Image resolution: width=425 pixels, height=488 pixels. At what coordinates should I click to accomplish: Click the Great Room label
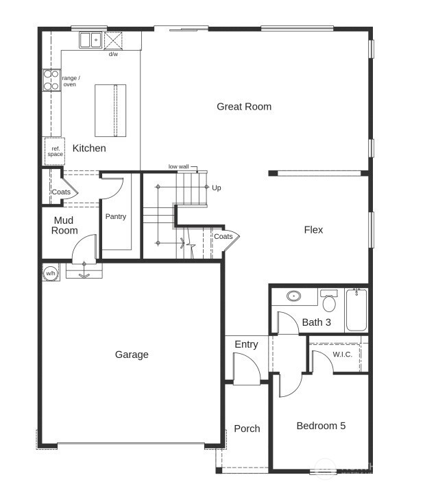[244, 106]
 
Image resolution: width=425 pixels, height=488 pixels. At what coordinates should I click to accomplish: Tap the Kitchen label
[89, 148]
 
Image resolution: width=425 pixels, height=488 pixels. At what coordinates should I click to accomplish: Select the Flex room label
[313, 230]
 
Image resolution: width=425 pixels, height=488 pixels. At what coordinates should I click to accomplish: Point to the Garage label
[132, 355]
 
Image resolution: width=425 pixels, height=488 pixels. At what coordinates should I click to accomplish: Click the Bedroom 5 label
[321, 426]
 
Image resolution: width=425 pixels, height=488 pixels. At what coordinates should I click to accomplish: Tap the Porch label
[247, 428]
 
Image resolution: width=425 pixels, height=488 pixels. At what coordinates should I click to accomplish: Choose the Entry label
[246, 344]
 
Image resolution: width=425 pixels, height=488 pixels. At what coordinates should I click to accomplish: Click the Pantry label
[116, 217]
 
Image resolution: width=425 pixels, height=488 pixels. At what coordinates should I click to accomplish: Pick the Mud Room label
[65, 225]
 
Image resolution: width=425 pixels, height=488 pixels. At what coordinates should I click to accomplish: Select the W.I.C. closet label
[342, 354]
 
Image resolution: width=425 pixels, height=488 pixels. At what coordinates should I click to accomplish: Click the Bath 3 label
[316, 322]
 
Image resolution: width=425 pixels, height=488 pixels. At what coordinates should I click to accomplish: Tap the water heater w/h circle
[50, 273]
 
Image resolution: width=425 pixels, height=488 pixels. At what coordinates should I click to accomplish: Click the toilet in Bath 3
[329, 301]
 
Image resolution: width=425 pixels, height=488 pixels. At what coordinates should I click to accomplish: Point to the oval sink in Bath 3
[294, 296]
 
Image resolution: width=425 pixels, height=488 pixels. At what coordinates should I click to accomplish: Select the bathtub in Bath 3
[356, 309]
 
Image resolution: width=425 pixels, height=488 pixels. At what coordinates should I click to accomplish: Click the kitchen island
[110, 110]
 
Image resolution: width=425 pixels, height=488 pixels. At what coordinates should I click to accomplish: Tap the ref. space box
[55, 151]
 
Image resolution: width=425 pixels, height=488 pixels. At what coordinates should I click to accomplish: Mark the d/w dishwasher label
[112, 54]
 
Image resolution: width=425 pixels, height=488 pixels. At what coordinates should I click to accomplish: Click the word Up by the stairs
[217, 188]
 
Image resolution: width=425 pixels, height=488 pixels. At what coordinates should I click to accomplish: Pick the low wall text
[178, 167]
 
